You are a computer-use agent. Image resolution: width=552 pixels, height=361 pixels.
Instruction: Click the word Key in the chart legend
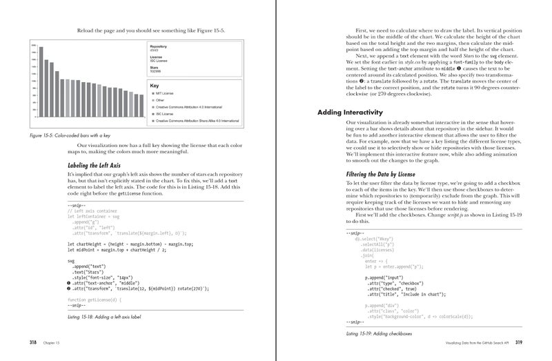155,86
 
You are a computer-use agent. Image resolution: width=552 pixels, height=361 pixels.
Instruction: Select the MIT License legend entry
165,94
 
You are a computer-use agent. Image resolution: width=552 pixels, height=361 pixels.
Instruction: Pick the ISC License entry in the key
165,114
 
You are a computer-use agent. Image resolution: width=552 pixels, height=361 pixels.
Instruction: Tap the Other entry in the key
160,101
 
